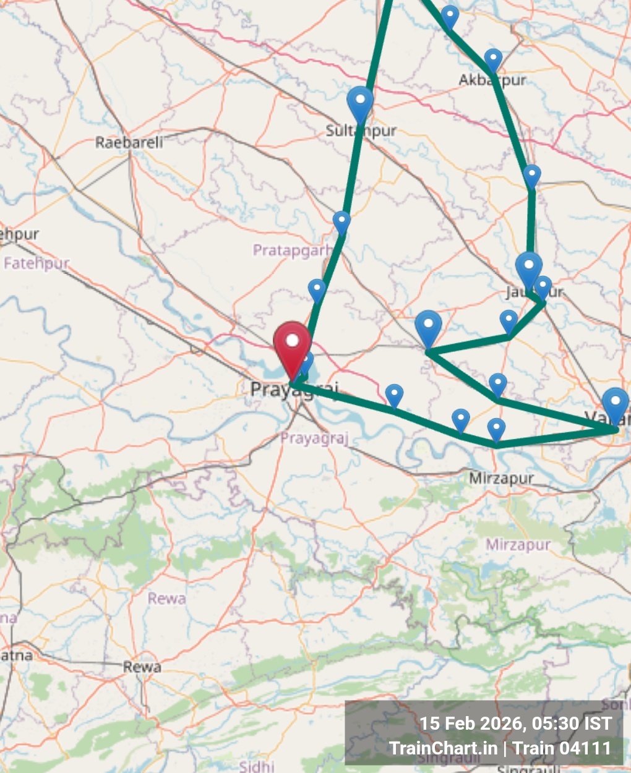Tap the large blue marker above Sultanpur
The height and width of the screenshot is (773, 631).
tap(360, 103)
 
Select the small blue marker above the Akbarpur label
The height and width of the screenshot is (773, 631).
tap(493, 61)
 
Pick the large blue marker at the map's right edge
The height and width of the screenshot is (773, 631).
tap(615, 405)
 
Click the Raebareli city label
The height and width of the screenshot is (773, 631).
tap(129, 142)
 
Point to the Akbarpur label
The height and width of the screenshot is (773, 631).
tap(492, 80)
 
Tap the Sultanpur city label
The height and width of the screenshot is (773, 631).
tap(361, 130)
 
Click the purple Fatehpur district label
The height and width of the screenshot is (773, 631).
tap(36, 263)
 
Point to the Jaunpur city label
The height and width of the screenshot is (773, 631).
tap(534, 291)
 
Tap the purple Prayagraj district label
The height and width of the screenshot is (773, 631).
tap(314, 438)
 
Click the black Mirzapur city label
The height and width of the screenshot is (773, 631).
tap(501, 478)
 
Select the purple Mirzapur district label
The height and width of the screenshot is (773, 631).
tap(518, 545)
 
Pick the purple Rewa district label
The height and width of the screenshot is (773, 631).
tap(166, 599)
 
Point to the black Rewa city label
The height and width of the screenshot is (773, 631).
tap(142, 667)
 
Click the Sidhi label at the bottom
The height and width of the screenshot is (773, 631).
tap(256, 766)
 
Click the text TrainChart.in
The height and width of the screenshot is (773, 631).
tap(443, 748)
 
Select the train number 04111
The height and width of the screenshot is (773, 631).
tap(585, 748)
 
